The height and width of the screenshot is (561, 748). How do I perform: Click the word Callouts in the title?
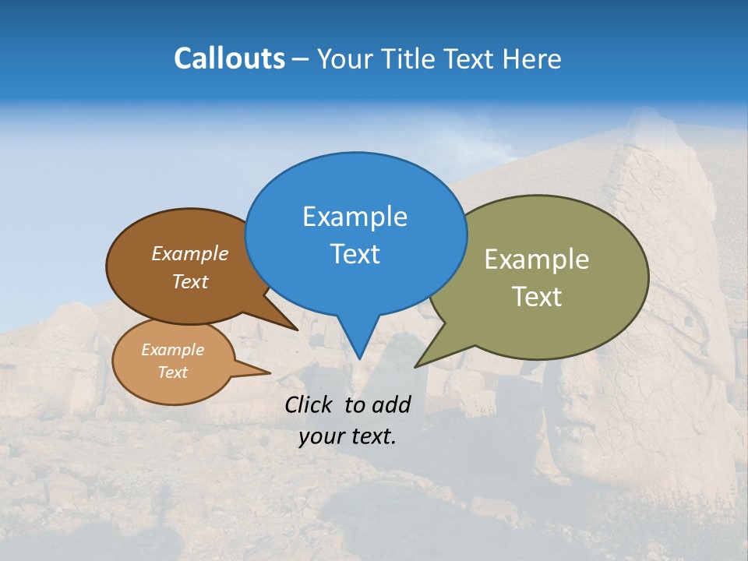(229, 58)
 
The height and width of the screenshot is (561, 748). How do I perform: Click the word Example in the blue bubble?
(355, 217)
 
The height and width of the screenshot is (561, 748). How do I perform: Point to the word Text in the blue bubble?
(355, 254)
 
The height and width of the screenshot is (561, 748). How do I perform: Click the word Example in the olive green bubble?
(536, 259)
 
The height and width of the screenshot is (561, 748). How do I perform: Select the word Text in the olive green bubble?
(536, 297)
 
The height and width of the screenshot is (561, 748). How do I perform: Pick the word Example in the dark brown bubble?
(189, 254)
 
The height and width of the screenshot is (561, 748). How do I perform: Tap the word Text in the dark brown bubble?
(189, 282)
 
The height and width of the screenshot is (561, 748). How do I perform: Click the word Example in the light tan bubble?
(172, 351)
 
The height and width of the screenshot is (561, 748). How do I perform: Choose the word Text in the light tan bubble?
(172, 372)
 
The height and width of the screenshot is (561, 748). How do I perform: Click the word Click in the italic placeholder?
(310, 404)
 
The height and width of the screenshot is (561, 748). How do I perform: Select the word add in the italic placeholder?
(390, 404)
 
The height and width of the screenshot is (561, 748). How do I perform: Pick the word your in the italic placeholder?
(320, 436)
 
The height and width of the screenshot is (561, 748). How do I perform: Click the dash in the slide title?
(302, 59)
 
